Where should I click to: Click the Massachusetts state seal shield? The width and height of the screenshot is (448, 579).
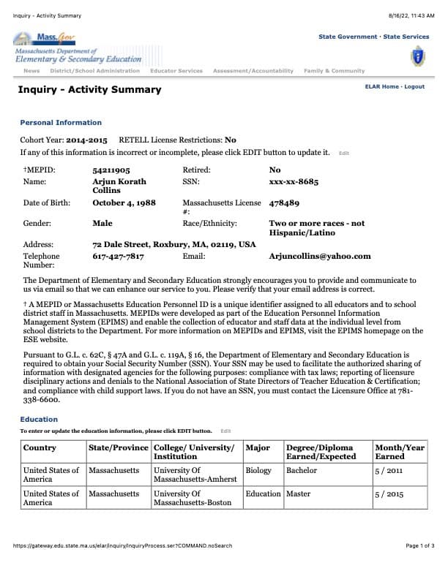point(418,54)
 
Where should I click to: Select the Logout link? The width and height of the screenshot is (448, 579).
point(414,87)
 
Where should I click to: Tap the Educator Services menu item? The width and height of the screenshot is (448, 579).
point(176,71)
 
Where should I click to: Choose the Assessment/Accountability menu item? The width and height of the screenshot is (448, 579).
point(253,71)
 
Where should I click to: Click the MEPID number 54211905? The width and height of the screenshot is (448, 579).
point(111,170)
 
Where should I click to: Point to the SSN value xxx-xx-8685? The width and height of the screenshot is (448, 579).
point(294,181)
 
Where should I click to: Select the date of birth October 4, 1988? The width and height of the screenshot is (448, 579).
point(124,203)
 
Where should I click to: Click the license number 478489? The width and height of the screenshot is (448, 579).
point(284,203)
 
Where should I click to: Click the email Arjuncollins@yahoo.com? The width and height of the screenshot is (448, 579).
point(320,257)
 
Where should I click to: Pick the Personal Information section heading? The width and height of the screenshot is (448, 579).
point(61,123)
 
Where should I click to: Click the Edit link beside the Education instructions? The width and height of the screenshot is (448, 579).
point(225,431)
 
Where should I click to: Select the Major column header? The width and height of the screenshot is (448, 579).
point(258,447)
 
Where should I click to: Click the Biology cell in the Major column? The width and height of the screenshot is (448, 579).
point(258,470)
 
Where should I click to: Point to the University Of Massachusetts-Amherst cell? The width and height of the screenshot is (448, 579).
point(195,474)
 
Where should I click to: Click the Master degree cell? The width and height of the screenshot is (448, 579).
point(299,493)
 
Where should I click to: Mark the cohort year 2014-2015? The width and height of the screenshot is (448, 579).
point(86,140)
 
